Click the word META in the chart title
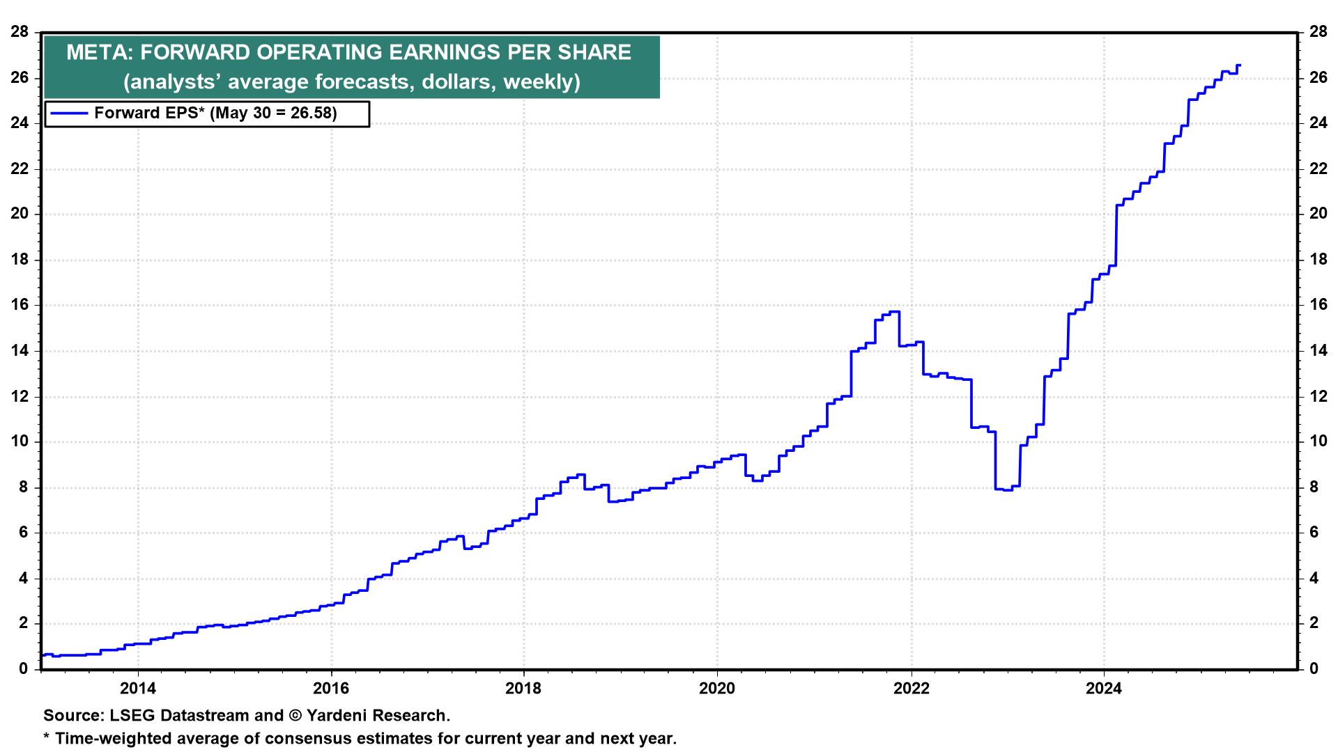pyautogui.click(x=100, y=52)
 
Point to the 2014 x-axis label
pyautogui.click(x=138, y=689)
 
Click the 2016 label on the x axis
pyautogui.click(x=331, y=689)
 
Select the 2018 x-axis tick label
pyautogui.click(x=523, y=689)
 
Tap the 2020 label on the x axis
pyautogui.click(x=717, y=689)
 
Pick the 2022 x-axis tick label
pyautogui.click(x=912, y=689)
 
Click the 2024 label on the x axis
pyautogui.click(x=1104, y=689)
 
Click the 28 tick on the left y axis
pyautogui.click(x=20, y=32)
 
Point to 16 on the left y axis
pyautogui.click(x=20, y=305)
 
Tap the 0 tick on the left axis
pyautogui.click(x=24, y=669)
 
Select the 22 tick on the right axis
pyautogui.click(x=1318, y=169)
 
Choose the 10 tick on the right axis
pyautogui.click(x=1318, y=441)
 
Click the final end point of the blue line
pyautogui.click(x=1239, y=65)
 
